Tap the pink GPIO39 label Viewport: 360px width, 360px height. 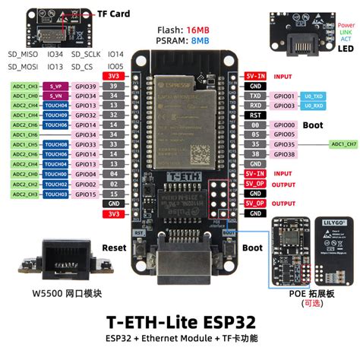[x=86, y=87]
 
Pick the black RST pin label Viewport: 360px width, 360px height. [x=255, y=115]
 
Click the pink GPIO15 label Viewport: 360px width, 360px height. [x=86, y=194]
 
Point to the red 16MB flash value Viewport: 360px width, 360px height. [x=199, y=30]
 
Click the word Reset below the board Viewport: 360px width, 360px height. [x=114, y=248]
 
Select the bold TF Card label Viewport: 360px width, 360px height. [x=114, y=14]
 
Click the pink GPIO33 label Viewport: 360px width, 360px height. [x=86, y=144]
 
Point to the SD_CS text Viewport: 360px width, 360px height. [x=82, y=67]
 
